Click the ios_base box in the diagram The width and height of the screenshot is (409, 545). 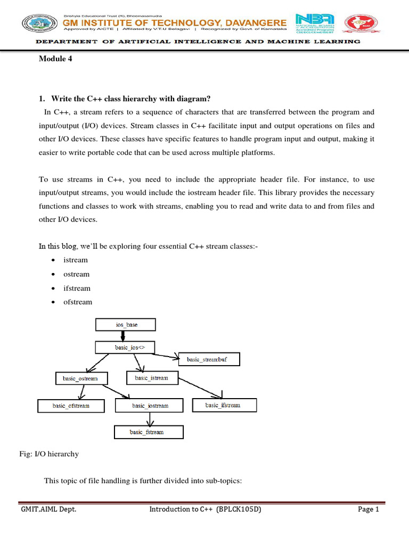coord(126,324)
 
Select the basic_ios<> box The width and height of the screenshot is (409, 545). coord(126,348)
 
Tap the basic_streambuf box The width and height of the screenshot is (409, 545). coord(209,360)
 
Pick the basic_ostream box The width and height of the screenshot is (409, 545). coord(81,378)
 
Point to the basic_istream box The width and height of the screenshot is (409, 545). coord(151,378)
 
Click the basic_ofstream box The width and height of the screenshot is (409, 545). coord(71,406)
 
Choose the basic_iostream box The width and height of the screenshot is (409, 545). coord(150,406)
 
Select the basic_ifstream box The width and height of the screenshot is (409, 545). coord(224,406)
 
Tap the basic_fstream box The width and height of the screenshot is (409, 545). coord(149,432)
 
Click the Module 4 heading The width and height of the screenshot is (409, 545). coord(55,59)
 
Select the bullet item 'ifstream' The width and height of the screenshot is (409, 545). coord(77,288)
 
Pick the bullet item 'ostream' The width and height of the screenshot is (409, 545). coord(76,274)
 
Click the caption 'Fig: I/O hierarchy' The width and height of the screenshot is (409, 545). coord(49,454)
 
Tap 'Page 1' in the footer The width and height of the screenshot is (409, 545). coord(368,509)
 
